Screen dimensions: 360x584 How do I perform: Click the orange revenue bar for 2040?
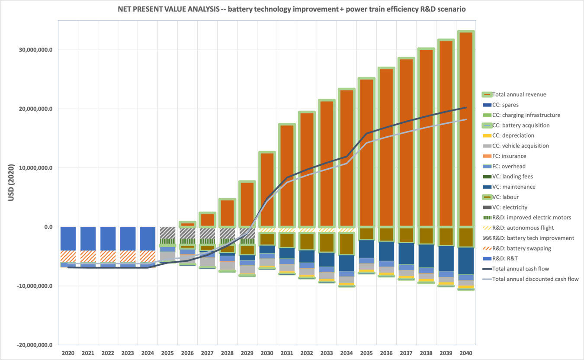coord(466,130)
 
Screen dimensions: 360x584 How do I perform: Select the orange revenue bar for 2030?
coord(267,190)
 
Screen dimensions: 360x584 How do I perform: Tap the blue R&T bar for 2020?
coord(68,238)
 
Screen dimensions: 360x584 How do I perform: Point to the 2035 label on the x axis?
coord(366,353)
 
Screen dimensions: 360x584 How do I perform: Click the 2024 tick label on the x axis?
coord(148,353)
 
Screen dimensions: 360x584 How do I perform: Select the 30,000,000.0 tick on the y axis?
coord(36,50)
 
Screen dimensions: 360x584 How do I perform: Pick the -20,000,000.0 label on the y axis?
coord(35,345)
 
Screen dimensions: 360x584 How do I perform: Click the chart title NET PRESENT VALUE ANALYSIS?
coord(292,9)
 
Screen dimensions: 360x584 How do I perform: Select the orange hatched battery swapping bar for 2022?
coord(108,256)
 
